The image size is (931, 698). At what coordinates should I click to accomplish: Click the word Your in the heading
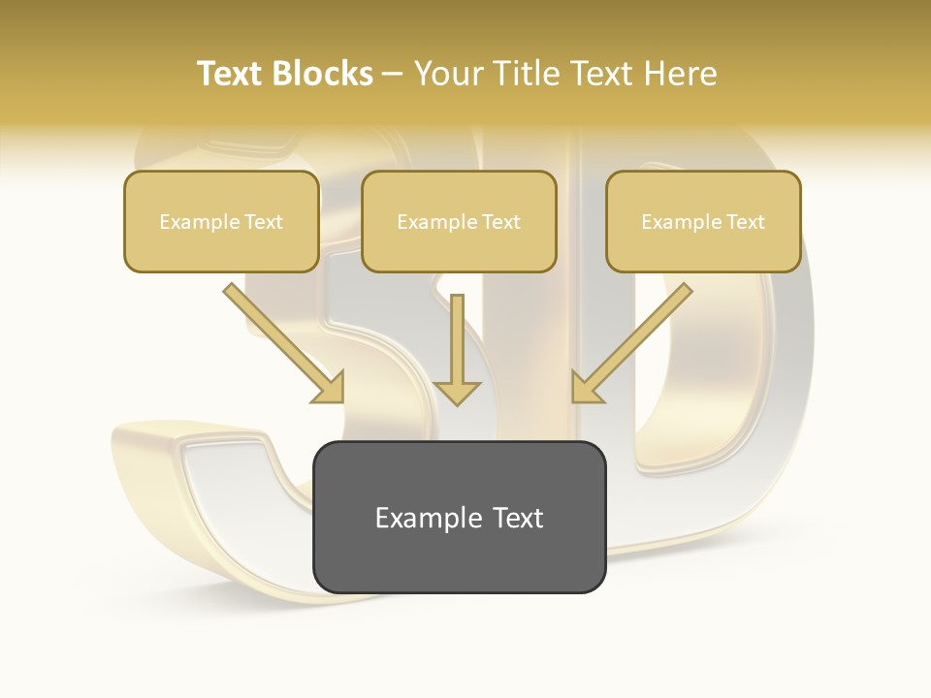pos(447,74)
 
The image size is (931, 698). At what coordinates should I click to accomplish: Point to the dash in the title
pos(393,74)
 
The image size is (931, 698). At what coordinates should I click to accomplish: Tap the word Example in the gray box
pos(428,518)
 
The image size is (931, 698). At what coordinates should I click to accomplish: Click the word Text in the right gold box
pos(745,222)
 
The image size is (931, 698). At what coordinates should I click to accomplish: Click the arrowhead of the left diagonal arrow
pos(331,389)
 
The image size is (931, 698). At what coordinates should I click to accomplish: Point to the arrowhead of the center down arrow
pos(457,393)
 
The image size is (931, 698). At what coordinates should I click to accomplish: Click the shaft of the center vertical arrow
pos(457,334)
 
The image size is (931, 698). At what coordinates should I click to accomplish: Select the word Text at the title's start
pos(229,74)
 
